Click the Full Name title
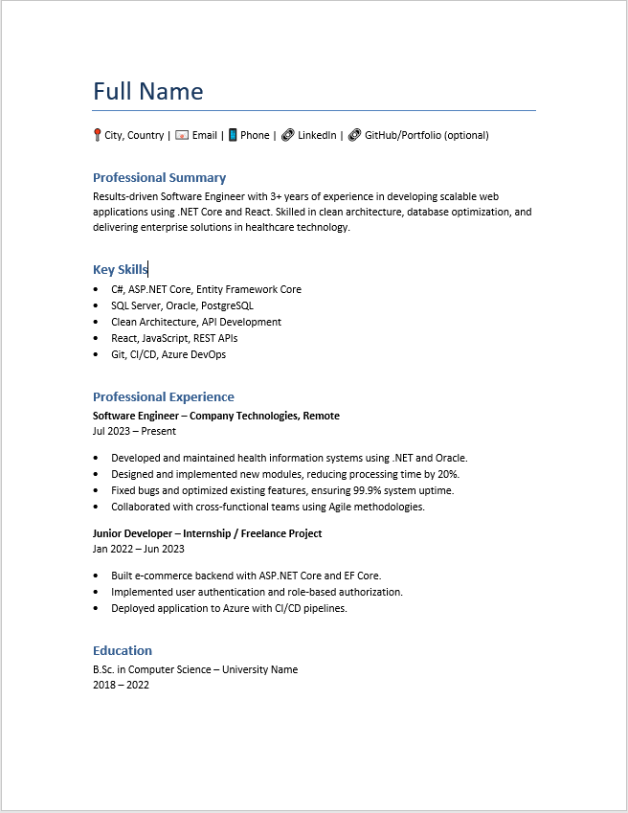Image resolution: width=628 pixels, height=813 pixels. click(x=147, y=92)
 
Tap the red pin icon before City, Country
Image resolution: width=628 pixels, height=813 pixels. click(x=97, y=135)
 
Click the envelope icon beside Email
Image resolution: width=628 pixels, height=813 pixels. click(x=182, y=135)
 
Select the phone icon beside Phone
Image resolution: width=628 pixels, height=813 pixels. click(x=233, y=135)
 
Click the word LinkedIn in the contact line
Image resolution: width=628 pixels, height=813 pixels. click(x=317, y=135)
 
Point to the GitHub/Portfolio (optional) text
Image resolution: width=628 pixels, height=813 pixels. click(x=426, y=135)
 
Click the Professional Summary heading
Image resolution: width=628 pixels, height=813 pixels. click(x=159, y=177)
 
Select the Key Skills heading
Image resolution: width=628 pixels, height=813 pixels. click(x=120, y=270)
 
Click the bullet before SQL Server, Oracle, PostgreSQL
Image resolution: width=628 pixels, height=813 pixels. click(x=97, y=305)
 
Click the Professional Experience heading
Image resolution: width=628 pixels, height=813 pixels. click(x=163, y=396)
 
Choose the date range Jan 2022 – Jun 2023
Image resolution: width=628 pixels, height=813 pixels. click(x=138, y=549)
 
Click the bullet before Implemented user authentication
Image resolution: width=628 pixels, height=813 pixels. click(x=97, y=592)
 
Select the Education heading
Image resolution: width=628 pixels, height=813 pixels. click(x=122, y=650)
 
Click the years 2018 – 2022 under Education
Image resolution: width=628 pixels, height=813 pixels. click(x=121, y=685)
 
